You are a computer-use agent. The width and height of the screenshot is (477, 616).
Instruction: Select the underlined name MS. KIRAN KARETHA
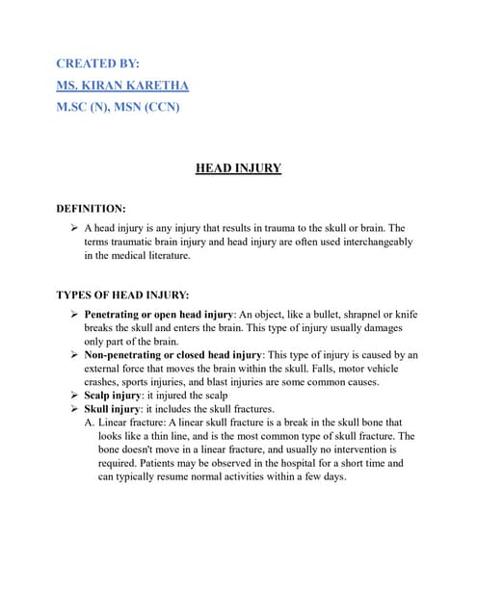[x=122, y=85]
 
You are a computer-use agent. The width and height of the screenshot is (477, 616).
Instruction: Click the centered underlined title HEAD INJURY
[x=238, y=168]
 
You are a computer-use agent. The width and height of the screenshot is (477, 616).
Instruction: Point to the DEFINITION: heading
[x=97, y=207]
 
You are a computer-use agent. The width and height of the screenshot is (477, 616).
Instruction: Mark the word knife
[x=405, y=315]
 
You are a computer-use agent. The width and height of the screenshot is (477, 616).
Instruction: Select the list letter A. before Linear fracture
[x=90, y=423]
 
